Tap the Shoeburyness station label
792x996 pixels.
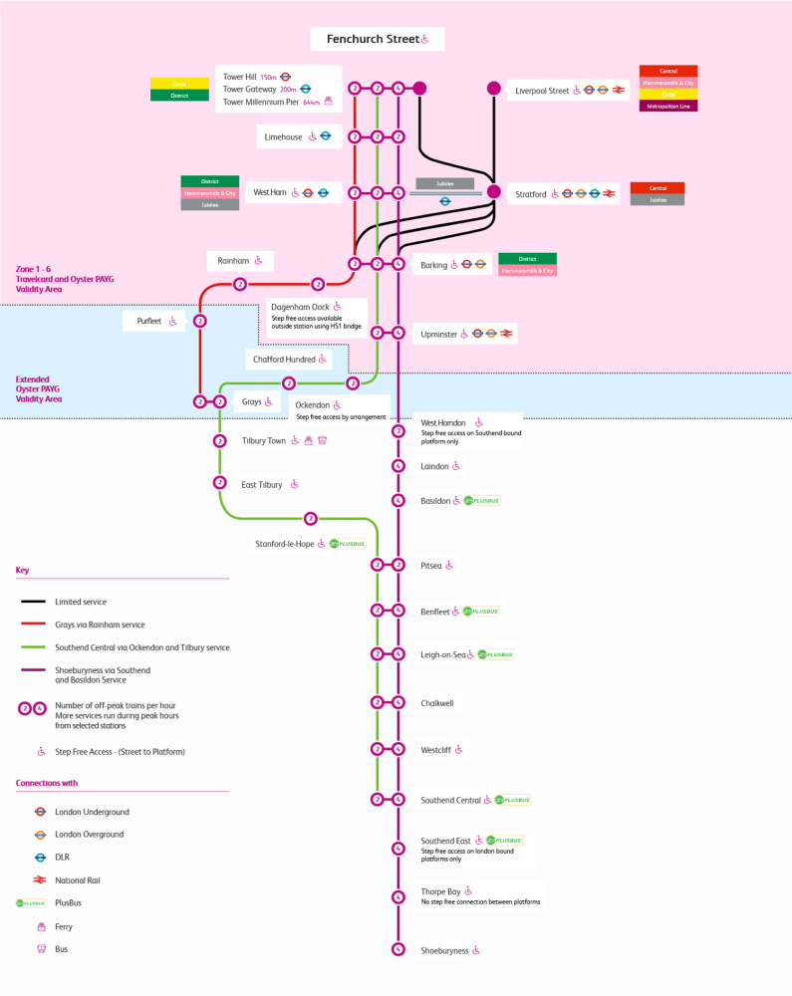click(444, 950)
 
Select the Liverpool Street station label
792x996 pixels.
click(542, 91)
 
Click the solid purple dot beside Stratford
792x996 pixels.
click(493, 192)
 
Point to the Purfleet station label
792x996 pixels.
click(141, 321)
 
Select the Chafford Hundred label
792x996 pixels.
click(283, 359)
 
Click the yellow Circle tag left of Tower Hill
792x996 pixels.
click(179, 84)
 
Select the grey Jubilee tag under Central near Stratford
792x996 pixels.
click(658, 200)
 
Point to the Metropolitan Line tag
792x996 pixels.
click(668, 106)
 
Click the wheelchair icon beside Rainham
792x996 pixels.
click(258, 261)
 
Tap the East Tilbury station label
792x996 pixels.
click(262, 485)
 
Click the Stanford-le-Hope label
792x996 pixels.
click(285, 544)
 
